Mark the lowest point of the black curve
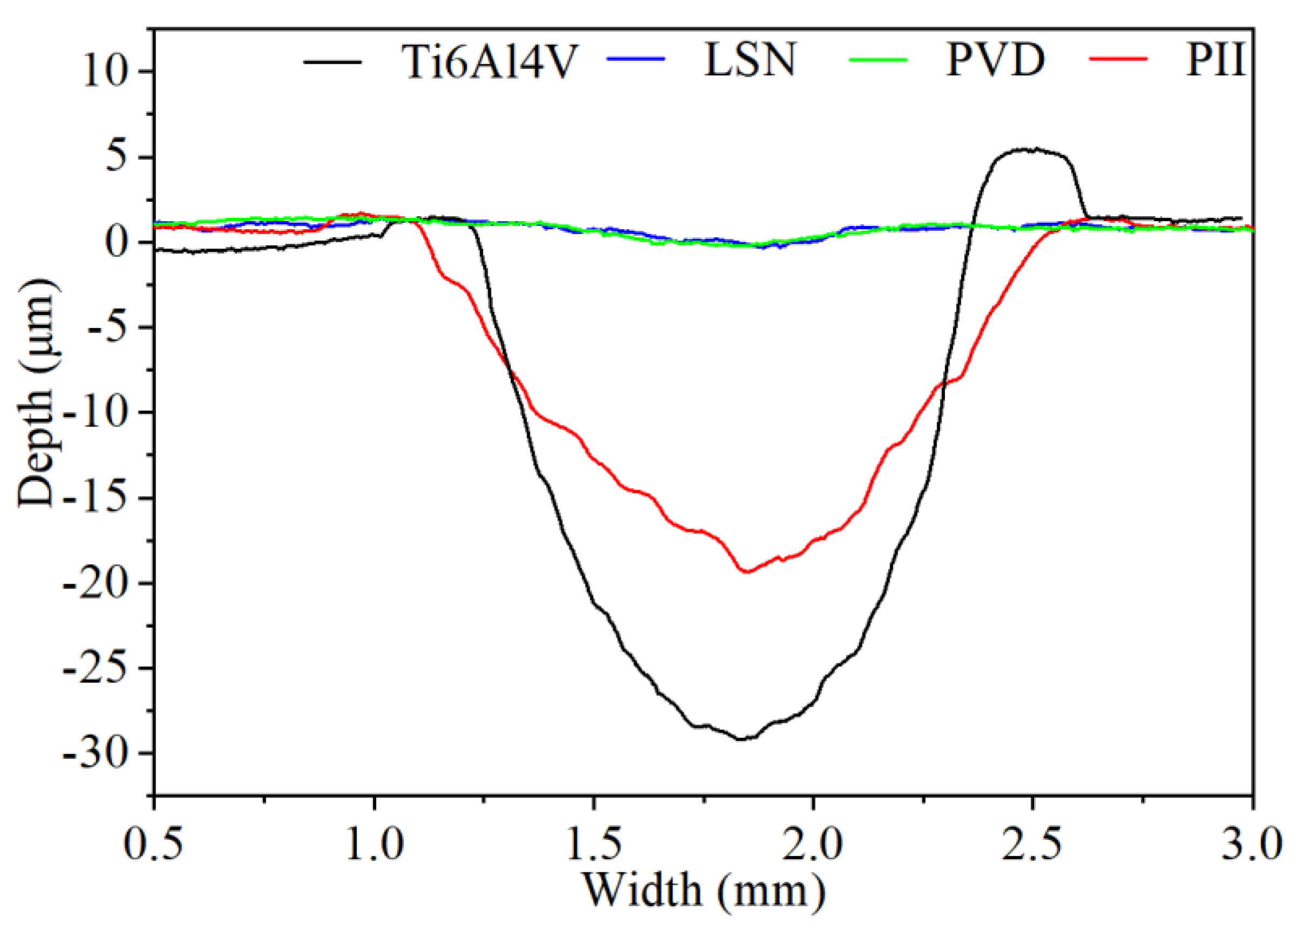(741, 739)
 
